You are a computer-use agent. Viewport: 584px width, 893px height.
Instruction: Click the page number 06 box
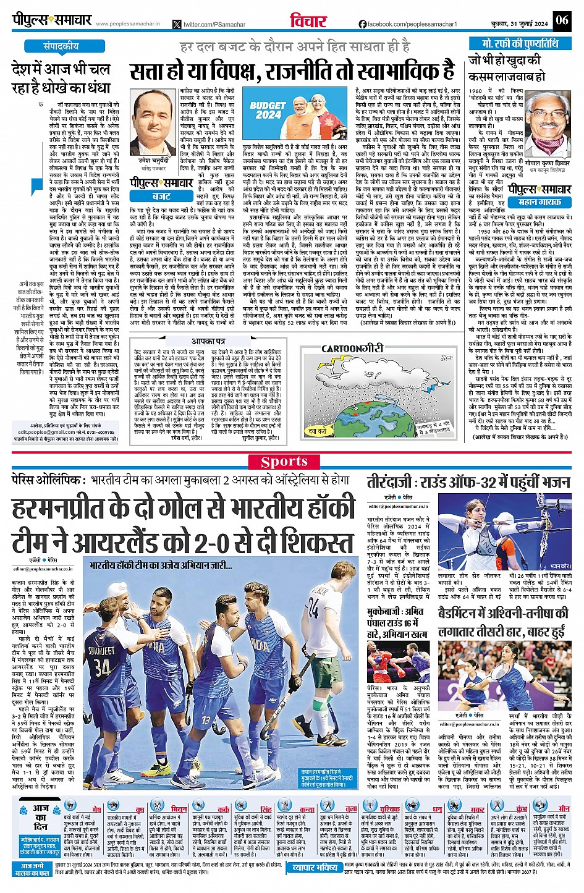coord(561,20)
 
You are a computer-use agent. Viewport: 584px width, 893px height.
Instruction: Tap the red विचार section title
coord(308,21)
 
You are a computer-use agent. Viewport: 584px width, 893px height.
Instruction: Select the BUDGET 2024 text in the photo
coord(268,110)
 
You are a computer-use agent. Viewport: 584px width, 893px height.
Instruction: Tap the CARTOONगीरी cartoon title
coord(352,349)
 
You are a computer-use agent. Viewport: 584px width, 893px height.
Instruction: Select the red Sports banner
coord(284,462)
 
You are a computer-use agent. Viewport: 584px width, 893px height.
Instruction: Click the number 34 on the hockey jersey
coord(103,667)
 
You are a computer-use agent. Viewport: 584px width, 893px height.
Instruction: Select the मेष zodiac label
coord(96,809)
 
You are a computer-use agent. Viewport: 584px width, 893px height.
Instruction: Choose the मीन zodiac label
coord(564,808)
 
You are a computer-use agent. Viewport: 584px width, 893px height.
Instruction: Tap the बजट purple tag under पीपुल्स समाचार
coord(161,196)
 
